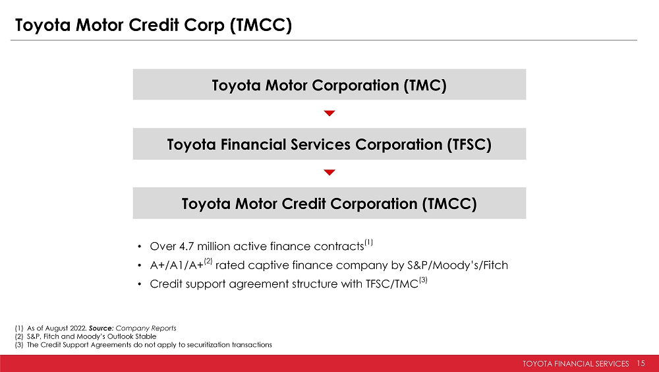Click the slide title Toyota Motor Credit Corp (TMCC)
pyautogui.click(x=154, y=25)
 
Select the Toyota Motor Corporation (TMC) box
pyautogui.click(x=329, y=84)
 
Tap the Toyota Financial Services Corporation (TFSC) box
pyautogui.click(x=329, y=144)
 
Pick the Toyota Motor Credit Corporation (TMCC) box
pyautogui.click(x=329, y=203)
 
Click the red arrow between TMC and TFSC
pyautogui.click(x=329, y=113)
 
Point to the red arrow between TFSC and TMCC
pyautogui.click(x=329, y=172)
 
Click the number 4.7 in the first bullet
pyautogui.click(x=186, y=246)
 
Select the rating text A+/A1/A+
pyautogui.click(x=177, y=265)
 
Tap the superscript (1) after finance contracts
pyautogui.click(x=368, y=242)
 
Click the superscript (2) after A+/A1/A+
pyautogui.click(x=208, y=261)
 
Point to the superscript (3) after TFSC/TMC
pyautogui.click(x=423, y=280)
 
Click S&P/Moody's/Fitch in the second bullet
pyautogui.click(x=458, y=265)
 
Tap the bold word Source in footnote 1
pyautogui.click(x=101, y=328)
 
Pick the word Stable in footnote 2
pyautogui.click(x=146, y=336)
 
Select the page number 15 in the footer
pyautogui.click(x=641, y=363)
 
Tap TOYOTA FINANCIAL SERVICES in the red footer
pyautogui.click(x=576, y=363)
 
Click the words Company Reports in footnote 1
pyautogui.click(x=146, y=328)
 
